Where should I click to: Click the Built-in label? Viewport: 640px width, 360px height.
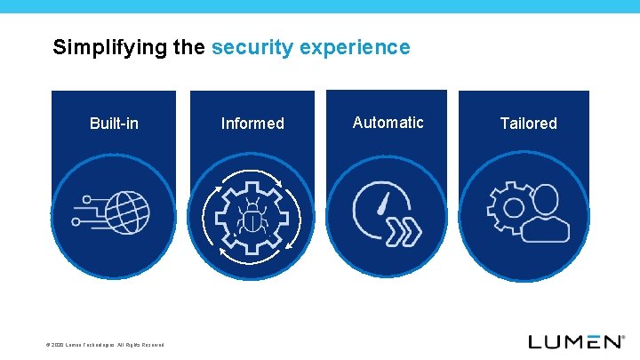(114, 124)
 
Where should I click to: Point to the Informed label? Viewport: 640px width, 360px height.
(252, 124)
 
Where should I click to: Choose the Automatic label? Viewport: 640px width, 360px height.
(388, 123)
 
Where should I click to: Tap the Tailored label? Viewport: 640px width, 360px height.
(528, 124)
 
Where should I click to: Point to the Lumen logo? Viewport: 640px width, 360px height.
(576, 341)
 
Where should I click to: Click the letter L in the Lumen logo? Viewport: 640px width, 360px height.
(536, 341)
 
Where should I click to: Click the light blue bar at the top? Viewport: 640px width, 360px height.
(320, 6)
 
